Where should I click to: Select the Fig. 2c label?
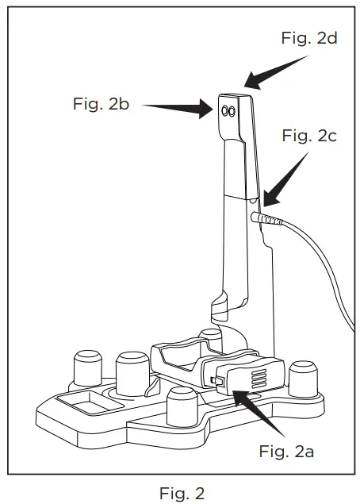click(x=309, y=136)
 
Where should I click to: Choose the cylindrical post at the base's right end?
click(x=304, y=378)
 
